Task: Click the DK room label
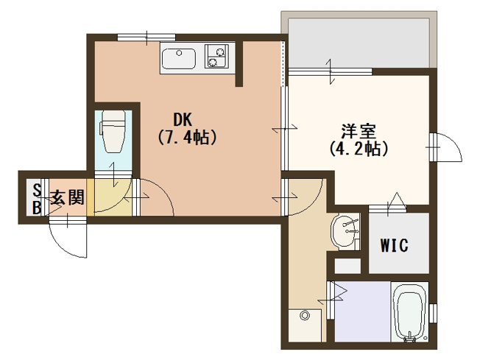(x=183, y=120)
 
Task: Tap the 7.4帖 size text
(x=187, y=138)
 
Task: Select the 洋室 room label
(x=359, y=131)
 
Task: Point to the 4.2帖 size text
(x=359, y=149)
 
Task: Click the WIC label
(x=395, y=245)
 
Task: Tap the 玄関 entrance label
(x=67, y=197)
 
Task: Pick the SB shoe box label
(x=37, y=200)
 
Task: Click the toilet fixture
(x=113, y=132)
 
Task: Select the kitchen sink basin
(x=179, y=58)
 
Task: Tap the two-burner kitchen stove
(x=216, y=56)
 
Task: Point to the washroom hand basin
(x=345, y=231)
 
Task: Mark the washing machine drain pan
(x=305, y=325)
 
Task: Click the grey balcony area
(x=359, y=43)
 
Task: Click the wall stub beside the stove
(x=239, y=64)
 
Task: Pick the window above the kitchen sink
(x=147, y=38)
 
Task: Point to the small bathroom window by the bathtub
(x=433, y=313)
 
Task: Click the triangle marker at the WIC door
(x=397, y=200)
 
